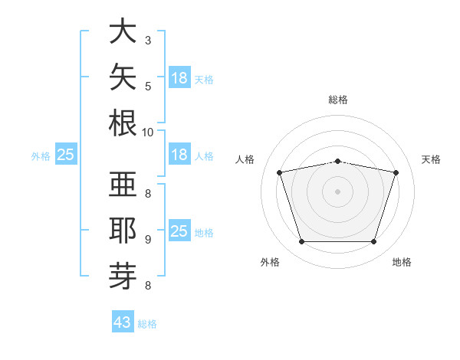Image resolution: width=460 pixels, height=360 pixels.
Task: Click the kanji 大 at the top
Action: [123, 31]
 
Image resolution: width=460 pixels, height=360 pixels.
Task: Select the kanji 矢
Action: [123, 77]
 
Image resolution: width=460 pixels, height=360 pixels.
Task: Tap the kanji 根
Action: [123, 123]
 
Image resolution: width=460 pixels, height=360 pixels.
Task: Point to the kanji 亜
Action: [123, 184]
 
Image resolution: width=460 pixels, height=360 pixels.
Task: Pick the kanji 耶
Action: [123, 230]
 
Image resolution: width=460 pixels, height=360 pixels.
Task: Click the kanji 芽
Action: [123, 277]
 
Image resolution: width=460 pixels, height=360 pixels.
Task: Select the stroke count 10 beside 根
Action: [147, 133]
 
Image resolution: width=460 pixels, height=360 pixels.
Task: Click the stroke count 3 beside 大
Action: [148, 41]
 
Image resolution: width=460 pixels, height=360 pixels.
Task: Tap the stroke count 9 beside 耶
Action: [148, 240]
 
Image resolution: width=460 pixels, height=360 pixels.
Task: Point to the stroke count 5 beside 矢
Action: [148, 87]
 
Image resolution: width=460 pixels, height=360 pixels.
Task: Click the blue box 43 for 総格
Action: [123, 321]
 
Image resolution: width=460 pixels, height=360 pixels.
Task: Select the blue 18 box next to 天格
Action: [179, 77]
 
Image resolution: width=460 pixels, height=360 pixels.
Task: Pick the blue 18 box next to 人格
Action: [179, 154]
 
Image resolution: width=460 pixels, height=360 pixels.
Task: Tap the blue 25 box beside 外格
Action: [66, 154]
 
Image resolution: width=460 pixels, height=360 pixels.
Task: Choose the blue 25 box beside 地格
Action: [179, 230]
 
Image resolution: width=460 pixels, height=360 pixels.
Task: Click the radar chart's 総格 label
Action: [338, 100]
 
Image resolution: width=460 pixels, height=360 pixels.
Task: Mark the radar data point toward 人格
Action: [279, 172]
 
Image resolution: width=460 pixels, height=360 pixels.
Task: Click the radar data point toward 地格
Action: [373, 242]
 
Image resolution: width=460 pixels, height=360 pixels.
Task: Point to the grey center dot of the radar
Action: [337, 191]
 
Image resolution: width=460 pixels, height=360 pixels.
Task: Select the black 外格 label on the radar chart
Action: [270, 262]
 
